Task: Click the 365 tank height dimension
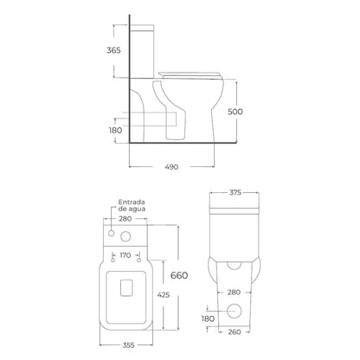(x=113, y=50)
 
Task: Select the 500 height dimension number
(x=235, y=112)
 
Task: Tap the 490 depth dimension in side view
(x=171, y=167)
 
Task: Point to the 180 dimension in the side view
(x=115, y=130)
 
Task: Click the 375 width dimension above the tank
(x=235, y=192)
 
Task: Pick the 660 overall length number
(x=179, y=275)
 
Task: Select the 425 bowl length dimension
(x=164, y=295)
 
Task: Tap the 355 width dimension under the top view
(x=128, y=345)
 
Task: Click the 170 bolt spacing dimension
(x=125, y=255)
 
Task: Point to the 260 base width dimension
(x=234, y=332)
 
